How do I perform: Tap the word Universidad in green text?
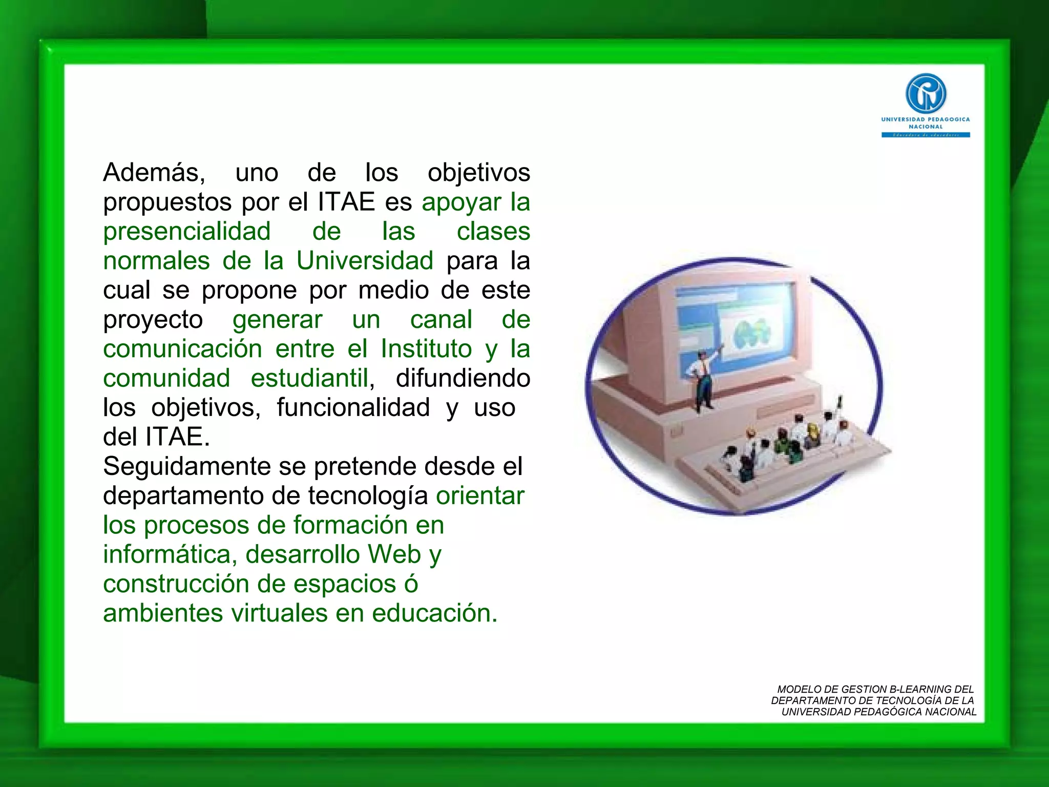point(365,261)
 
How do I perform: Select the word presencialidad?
point(186,232)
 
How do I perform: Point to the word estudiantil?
point(309,379)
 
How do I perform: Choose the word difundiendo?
point(463,379)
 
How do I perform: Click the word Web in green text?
point(394,554)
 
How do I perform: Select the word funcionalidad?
point(353,408)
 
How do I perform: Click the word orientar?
point(480,496)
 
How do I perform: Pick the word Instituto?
point(426,349)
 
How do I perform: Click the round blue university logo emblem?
point(926,93)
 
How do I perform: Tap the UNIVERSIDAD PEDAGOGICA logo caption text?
point(925,122)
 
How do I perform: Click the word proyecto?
point(153,320)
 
